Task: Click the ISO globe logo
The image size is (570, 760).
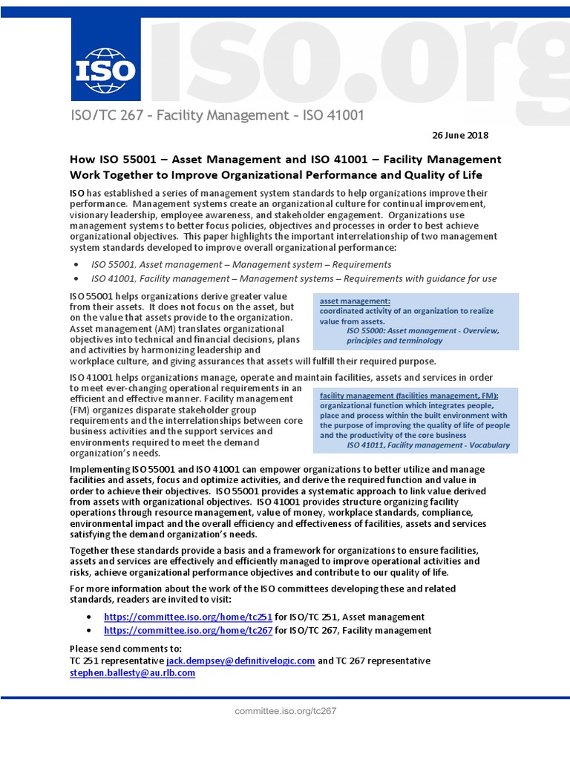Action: point(106,65)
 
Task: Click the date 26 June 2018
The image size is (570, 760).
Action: point(461,135)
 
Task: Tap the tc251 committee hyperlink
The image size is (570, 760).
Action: point(189,617)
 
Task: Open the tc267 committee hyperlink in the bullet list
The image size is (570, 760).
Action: point(189,630)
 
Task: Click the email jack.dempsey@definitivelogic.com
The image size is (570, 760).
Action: point(240,661)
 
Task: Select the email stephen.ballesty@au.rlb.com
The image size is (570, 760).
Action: point(132,672)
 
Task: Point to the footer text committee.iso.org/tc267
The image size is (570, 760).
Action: point(286,710)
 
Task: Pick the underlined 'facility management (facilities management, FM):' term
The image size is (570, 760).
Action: point(409,396)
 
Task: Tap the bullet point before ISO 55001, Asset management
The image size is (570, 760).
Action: point(78,265)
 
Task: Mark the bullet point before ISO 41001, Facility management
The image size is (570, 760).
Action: point(78,279)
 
